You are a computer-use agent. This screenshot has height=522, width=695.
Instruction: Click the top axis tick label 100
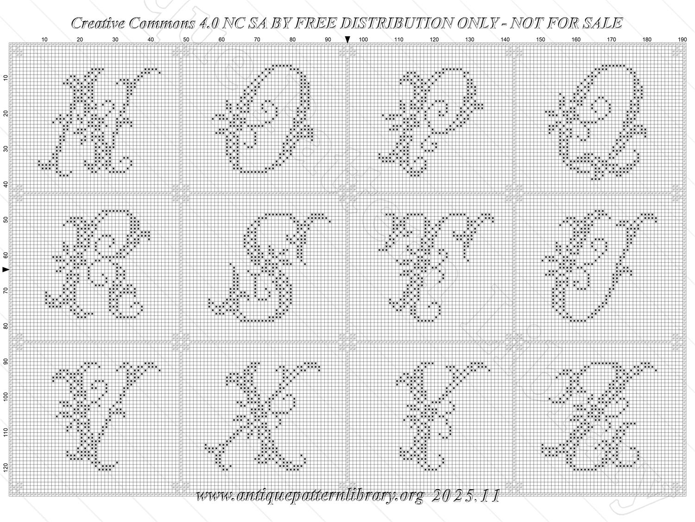[363, 39]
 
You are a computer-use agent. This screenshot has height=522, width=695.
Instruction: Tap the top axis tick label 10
[44, 39]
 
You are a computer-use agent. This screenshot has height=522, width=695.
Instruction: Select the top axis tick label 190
[682, 39]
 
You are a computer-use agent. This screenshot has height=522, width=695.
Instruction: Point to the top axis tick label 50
[186, 39]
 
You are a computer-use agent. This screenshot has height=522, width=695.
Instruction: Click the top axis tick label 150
[541, 39]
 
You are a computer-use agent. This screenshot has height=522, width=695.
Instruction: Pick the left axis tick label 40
[6, 184]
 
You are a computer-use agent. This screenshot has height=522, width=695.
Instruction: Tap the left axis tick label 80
[6, 326]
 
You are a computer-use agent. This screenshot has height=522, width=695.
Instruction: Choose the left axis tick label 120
[6, 467]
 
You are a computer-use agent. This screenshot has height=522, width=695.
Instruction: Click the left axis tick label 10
[6, 78]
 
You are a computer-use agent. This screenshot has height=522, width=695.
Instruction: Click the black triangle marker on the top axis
[347, 39]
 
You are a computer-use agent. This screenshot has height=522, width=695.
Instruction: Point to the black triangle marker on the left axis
[6, 270]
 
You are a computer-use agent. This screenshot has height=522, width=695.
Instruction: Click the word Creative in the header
[99, 23]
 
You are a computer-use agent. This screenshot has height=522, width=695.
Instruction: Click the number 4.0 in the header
[208, 23]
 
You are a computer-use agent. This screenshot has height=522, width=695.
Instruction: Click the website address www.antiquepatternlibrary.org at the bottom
[310, 496]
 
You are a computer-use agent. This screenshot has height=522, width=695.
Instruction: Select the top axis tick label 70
[257, 39]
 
